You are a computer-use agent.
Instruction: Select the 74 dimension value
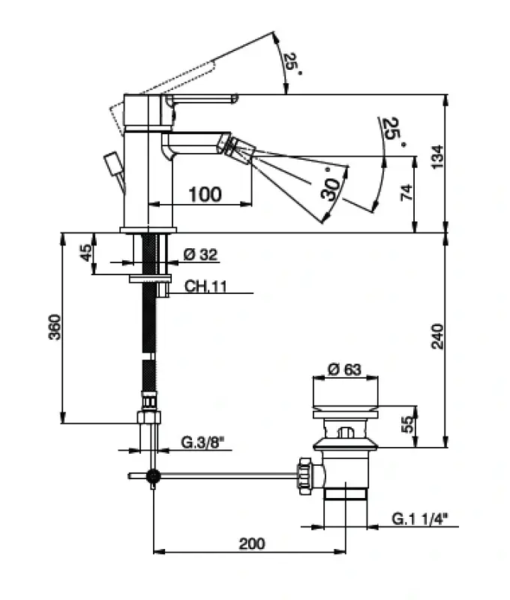[405, 192]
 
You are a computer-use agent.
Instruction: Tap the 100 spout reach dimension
[204, 194]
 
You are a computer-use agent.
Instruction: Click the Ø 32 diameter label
[200, 256]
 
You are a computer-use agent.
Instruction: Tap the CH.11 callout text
[190, 286]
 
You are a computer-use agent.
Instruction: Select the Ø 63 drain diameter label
[345, 368]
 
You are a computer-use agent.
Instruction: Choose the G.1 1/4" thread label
[424, 518]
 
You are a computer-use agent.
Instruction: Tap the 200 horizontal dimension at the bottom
[251, 544]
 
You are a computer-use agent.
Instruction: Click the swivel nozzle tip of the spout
[238, 146]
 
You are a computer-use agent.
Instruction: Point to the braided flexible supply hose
[153, 337]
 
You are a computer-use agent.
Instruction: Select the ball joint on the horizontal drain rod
[153, 475]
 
